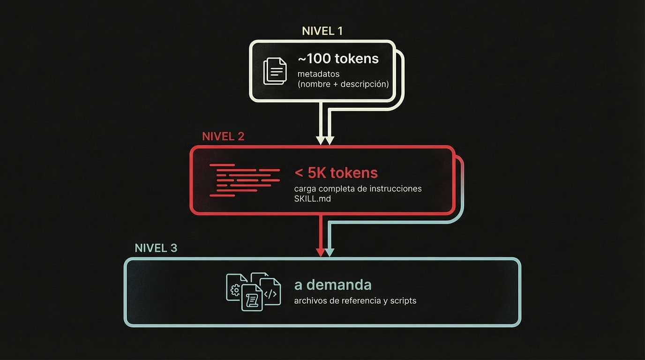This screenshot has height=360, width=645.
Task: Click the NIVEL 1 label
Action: click(322, 31)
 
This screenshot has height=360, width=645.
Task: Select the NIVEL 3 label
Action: click(156, 248)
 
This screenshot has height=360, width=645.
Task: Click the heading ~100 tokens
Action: click(338, 59)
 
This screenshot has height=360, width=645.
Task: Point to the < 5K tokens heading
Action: click(336, 172)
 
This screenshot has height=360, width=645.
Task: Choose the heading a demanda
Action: click(333, 285)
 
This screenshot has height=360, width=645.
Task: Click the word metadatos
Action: click(318, 74)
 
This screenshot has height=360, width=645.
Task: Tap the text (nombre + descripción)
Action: click(343, 84)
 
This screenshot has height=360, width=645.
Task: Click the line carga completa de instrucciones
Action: click(358, 188)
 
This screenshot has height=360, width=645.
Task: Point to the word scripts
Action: click(403, 300)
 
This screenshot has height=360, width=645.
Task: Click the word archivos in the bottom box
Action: click(310, 300)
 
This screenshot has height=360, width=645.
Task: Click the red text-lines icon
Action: click(244, 180)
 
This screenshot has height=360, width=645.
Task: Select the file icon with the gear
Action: click(234, 287)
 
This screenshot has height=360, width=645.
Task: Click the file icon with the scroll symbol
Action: click(252, 298)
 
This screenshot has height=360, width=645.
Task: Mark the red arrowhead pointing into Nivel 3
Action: click(321, 253)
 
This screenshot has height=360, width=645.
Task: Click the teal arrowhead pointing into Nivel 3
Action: click(330, 253)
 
